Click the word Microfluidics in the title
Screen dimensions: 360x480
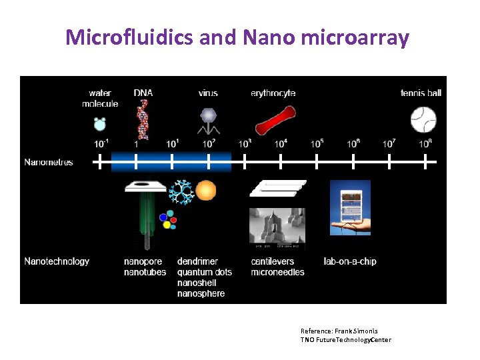pos(130,38)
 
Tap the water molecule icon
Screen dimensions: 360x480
pos(100,123)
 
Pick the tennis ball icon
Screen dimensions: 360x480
pos(423,121)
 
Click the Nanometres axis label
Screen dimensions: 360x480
pos(49,162)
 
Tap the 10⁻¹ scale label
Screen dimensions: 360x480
pos(101,143)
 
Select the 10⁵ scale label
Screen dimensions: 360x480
pos(317,143)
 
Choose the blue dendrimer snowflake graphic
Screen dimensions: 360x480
pos(180,192)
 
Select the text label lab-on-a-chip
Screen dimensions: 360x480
pos(349,261)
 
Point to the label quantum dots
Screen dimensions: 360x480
pos(205,272)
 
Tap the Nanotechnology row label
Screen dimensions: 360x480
pos(57,261)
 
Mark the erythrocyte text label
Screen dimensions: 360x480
pos(273,93)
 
